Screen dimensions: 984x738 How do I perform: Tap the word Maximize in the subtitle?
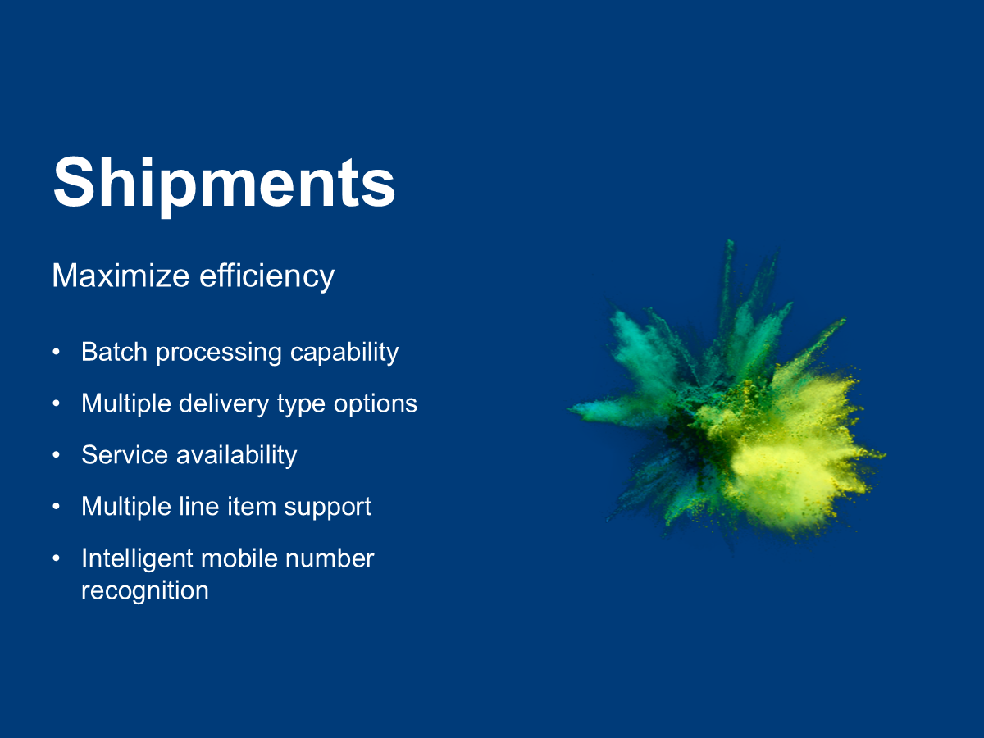click(121, 276)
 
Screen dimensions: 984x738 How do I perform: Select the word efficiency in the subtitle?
click(266, 277)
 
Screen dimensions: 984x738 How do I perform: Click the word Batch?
click(114, 352)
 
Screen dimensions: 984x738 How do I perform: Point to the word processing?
click(219, 353)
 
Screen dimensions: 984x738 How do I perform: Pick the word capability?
click(344, 353)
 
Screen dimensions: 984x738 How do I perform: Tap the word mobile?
click(239, 558)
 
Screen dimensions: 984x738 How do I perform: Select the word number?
click(330, 558)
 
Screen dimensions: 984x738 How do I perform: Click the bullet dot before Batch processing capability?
click(56, 353)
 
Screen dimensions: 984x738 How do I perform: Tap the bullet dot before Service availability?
click(56, 455)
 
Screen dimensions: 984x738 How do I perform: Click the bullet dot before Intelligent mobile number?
click(56, 558)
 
